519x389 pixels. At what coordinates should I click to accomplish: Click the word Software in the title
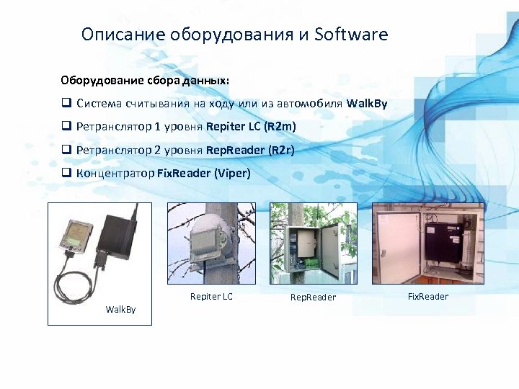(351, 34)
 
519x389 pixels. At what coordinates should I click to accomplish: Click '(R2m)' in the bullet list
(280, 127)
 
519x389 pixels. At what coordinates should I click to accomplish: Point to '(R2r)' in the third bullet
(281, 150)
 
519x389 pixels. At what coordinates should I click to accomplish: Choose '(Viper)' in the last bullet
(233, 173)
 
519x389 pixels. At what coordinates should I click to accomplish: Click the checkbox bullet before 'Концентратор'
(65, 173)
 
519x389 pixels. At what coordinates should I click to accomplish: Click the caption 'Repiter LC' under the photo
(211, 296)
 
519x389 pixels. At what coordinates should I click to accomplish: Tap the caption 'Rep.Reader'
(313, 298)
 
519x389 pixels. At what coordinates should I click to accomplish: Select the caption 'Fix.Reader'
(428, 296)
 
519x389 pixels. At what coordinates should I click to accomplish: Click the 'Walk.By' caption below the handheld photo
(120, 309)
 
